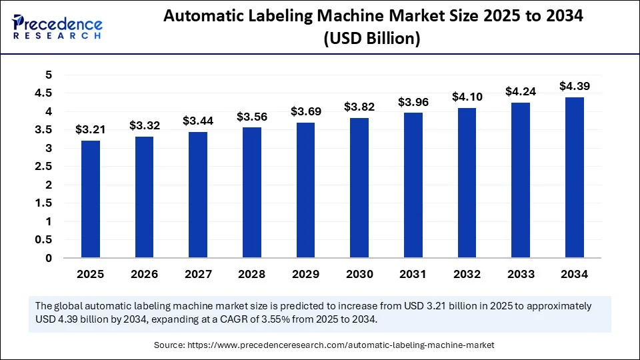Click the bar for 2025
[x=91, y=199]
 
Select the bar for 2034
[x=574, y=177]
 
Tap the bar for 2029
[x=305, y=190]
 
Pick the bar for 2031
[x=413, y=185]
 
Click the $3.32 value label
[x=144, y=125]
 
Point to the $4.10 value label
[x=467, y=97]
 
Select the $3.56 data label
[x=251, y=117]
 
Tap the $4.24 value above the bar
[x=521, y=92]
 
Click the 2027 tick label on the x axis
[x=198, y=273]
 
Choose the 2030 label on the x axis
[x=359, y=273]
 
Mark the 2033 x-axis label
[x=521, y=273]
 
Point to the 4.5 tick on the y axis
[x=44, y=93]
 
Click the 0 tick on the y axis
[x=49, y=258]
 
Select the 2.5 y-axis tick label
[x=44, y=167]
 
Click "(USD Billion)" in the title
[x=372, y=39]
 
